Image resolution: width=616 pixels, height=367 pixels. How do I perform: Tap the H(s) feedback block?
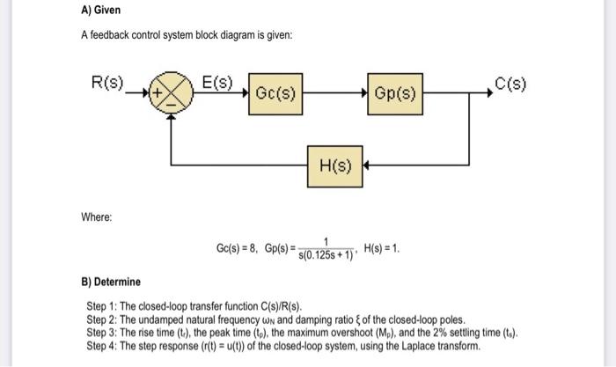(334, 166)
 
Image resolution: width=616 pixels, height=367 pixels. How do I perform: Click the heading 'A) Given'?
(99, 10)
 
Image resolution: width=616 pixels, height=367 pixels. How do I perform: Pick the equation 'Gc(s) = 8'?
(236, 249)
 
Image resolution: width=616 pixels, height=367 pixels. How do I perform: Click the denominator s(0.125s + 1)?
(326, 254)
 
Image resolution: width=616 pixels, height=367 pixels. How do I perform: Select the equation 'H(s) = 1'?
(381, 248)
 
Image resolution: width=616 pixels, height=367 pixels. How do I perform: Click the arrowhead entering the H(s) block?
(367, 166)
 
